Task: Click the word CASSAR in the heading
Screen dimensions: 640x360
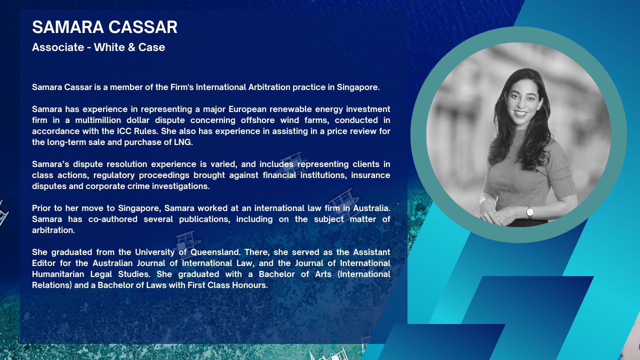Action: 143,27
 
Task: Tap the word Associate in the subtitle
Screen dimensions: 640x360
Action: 58,47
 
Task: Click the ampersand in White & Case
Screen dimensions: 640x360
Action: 131,47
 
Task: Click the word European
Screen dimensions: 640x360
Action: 246,109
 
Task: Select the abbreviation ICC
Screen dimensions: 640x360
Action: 124,131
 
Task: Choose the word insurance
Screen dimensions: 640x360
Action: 370,175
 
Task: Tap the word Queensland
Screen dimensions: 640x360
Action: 215,252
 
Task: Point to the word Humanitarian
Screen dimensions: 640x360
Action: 58,274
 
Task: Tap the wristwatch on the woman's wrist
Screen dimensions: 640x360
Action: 530,212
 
